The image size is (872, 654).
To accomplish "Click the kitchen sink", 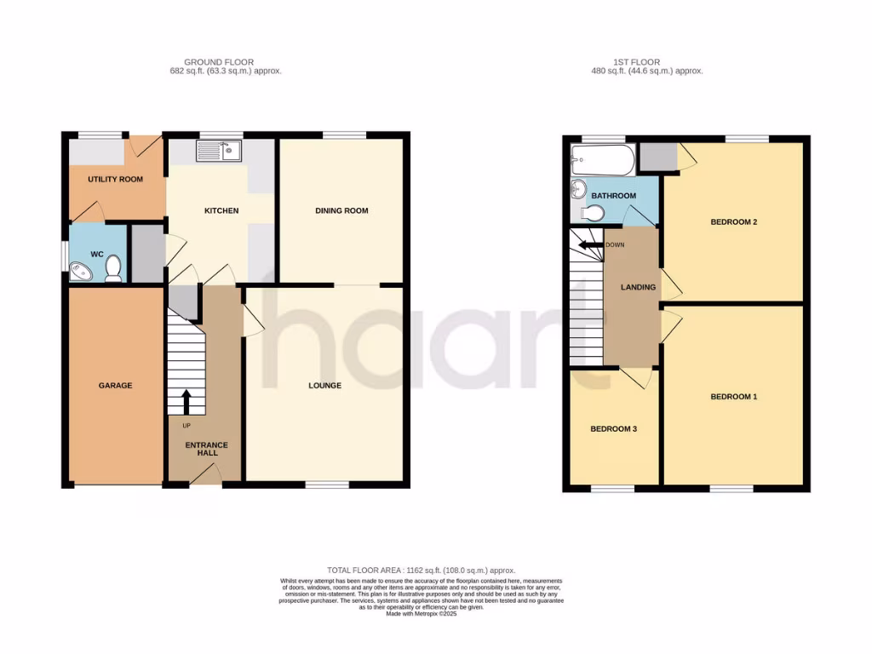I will (220, 152).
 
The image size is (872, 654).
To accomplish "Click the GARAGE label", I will (115, 386).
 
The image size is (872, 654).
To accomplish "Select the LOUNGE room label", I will (324, 386).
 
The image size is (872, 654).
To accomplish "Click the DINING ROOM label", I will (341, 210).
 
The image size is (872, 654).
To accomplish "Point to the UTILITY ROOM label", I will (115, 180).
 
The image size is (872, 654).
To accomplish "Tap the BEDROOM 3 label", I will (613, 429).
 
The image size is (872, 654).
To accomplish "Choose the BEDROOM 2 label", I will (733, 222).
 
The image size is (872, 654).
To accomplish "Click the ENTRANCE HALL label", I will (207, 449).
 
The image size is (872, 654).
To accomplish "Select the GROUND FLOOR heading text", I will (225, 62).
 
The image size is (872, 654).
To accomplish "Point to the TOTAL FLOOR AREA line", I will (421, 570).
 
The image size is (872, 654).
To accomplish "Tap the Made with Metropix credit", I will (421, 614).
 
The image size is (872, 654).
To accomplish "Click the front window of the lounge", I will (328, 485).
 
